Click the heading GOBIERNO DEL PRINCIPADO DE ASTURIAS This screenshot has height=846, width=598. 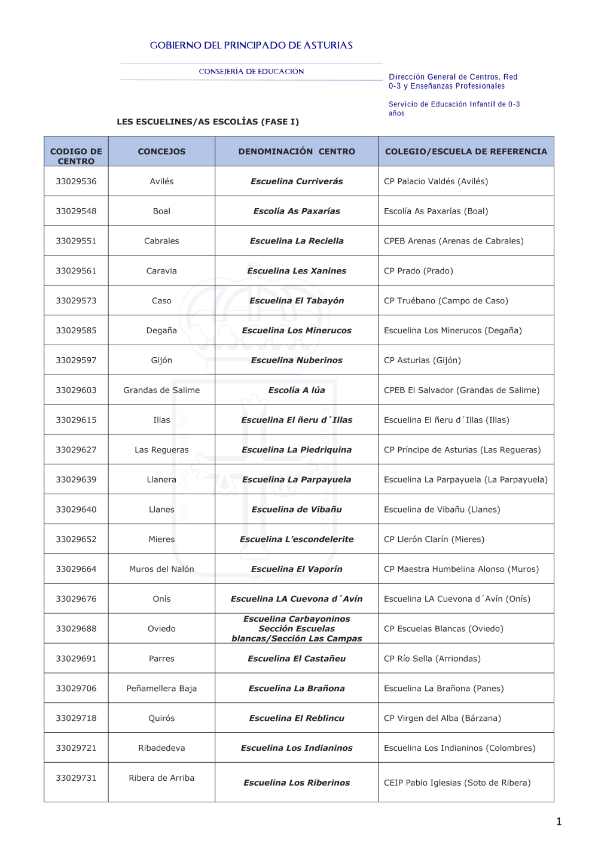pyautogui.click(x=251, y=45)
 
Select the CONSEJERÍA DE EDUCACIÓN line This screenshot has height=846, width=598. pyautogui.click(x=251, y=72)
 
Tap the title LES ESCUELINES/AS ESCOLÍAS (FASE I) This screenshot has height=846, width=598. pyautogui.click(x=208, y=122)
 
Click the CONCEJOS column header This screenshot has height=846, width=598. pyautogui.click(x=161, y=152)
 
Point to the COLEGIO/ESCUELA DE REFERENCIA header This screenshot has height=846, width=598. pyautogui.click(x=466, y=152)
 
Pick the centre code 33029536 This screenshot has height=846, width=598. pyautogui.click(x=76, y=181)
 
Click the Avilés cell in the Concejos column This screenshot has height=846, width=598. pyautogui.click(x=161, y=181)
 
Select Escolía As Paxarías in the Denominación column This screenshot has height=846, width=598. pyautogui.click(x=297, y=211)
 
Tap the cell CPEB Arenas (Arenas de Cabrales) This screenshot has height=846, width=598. pyautogui.click(x=453, y=241)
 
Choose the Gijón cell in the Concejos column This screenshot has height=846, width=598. pyautogui.click(x=161, y=360)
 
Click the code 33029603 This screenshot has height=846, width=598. pyautogui.click(x=76, y=390)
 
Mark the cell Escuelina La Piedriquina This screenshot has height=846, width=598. pyautogui.click(x=297, y=450)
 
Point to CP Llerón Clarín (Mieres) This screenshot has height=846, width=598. pyautogui.click(x=434, y=539)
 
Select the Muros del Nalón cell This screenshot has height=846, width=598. pyautogui.click(x=161, y=569)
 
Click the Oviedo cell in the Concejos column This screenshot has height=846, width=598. pyautogui.click(x=161, y=629)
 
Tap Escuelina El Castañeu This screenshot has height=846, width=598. pyautogui.click(x=297, y=659)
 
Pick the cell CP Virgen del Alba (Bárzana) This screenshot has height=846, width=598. pyautogui.click(x=443, y=718)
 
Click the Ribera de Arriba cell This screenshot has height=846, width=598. pyautogui.click(x=161, y=778)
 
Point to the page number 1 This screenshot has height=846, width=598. pyautogui.click(x=559, y=821)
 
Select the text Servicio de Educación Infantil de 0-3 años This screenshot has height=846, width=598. pyautogui.click(x=454, y=108)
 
